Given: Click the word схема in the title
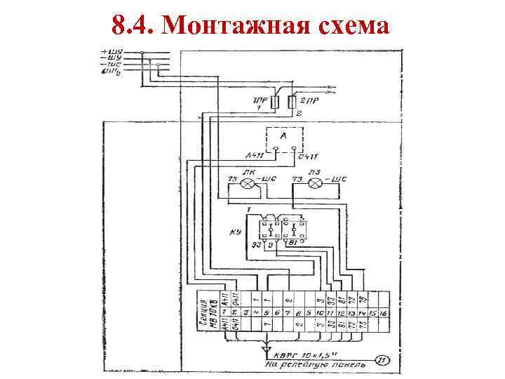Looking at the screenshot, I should click(x=350, y=26).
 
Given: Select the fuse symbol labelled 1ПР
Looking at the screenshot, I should click(x=275, y=102).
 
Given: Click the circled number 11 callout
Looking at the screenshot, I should click(x=382, y=360).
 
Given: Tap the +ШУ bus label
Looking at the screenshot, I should click(x=112, y=51).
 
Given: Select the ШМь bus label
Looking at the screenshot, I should click(x=112, y=70).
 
